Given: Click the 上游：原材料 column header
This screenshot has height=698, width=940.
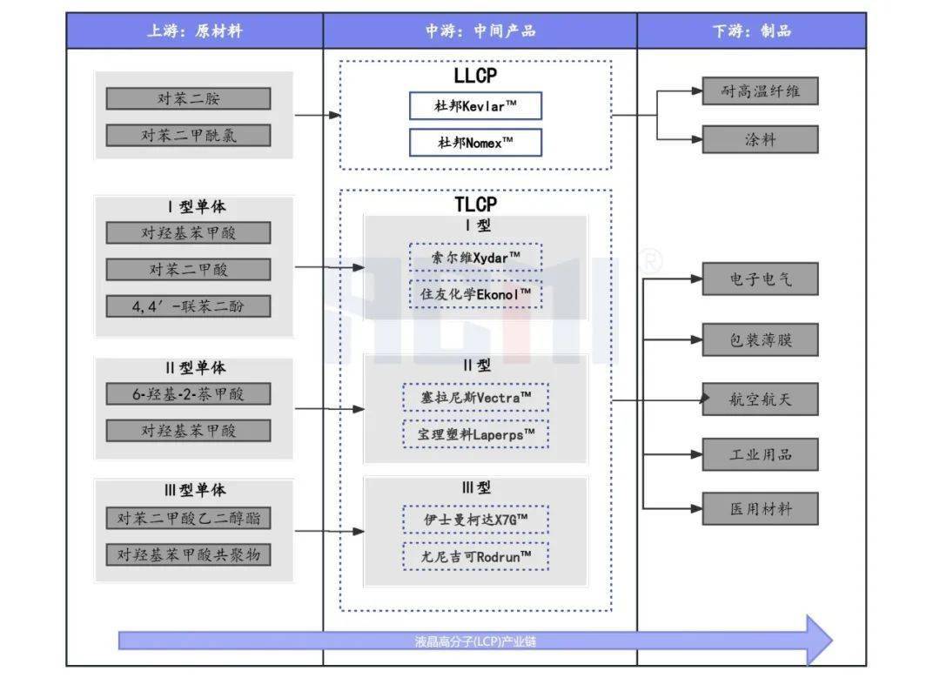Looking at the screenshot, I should pos(194,31).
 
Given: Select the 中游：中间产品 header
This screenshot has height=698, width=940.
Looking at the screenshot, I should pos(480,31).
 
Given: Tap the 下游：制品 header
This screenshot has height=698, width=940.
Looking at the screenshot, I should pos(751,31).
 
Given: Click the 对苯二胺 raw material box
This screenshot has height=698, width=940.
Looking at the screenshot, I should pos(188,98).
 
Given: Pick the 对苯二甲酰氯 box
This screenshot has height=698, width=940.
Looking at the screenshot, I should pos(188,135).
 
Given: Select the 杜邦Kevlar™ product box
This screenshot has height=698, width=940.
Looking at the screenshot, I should pos(475,105).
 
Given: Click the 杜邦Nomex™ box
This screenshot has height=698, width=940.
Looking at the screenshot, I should pos(475,143).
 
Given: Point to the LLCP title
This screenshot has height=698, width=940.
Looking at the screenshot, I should pos(475,76).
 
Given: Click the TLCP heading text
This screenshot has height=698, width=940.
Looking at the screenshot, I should pos(475,205).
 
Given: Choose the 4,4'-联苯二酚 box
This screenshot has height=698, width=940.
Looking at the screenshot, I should pos(188,306).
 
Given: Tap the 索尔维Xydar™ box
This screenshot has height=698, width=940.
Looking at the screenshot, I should pos(475,257).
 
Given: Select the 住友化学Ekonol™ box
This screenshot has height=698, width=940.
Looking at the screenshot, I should pos(475,293).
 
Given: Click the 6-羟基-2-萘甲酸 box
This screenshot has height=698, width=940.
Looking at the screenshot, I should pos(188,394).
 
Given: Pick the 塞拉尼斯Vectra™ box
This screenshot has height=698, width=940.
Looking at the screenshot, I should pos(475,397).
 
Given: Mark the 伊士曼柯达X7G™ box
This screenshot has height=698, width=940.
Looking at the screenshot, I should pos(475,520).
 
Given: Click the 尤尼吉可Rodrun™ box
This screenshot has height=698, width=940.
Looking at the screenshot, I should pos(475,556).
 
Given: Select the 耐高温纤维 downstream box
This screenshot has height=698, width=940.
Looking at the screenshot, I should pos(760,91).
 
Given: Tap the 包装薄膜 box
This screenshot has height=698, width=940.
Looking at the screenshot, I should pos(760,340).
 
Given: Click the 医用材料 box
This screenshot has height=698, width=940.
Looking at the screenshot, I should pos(760,508).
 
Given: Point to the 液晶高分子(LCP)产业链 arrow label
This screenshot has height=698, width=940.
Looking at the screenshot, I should pos(474,642).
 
